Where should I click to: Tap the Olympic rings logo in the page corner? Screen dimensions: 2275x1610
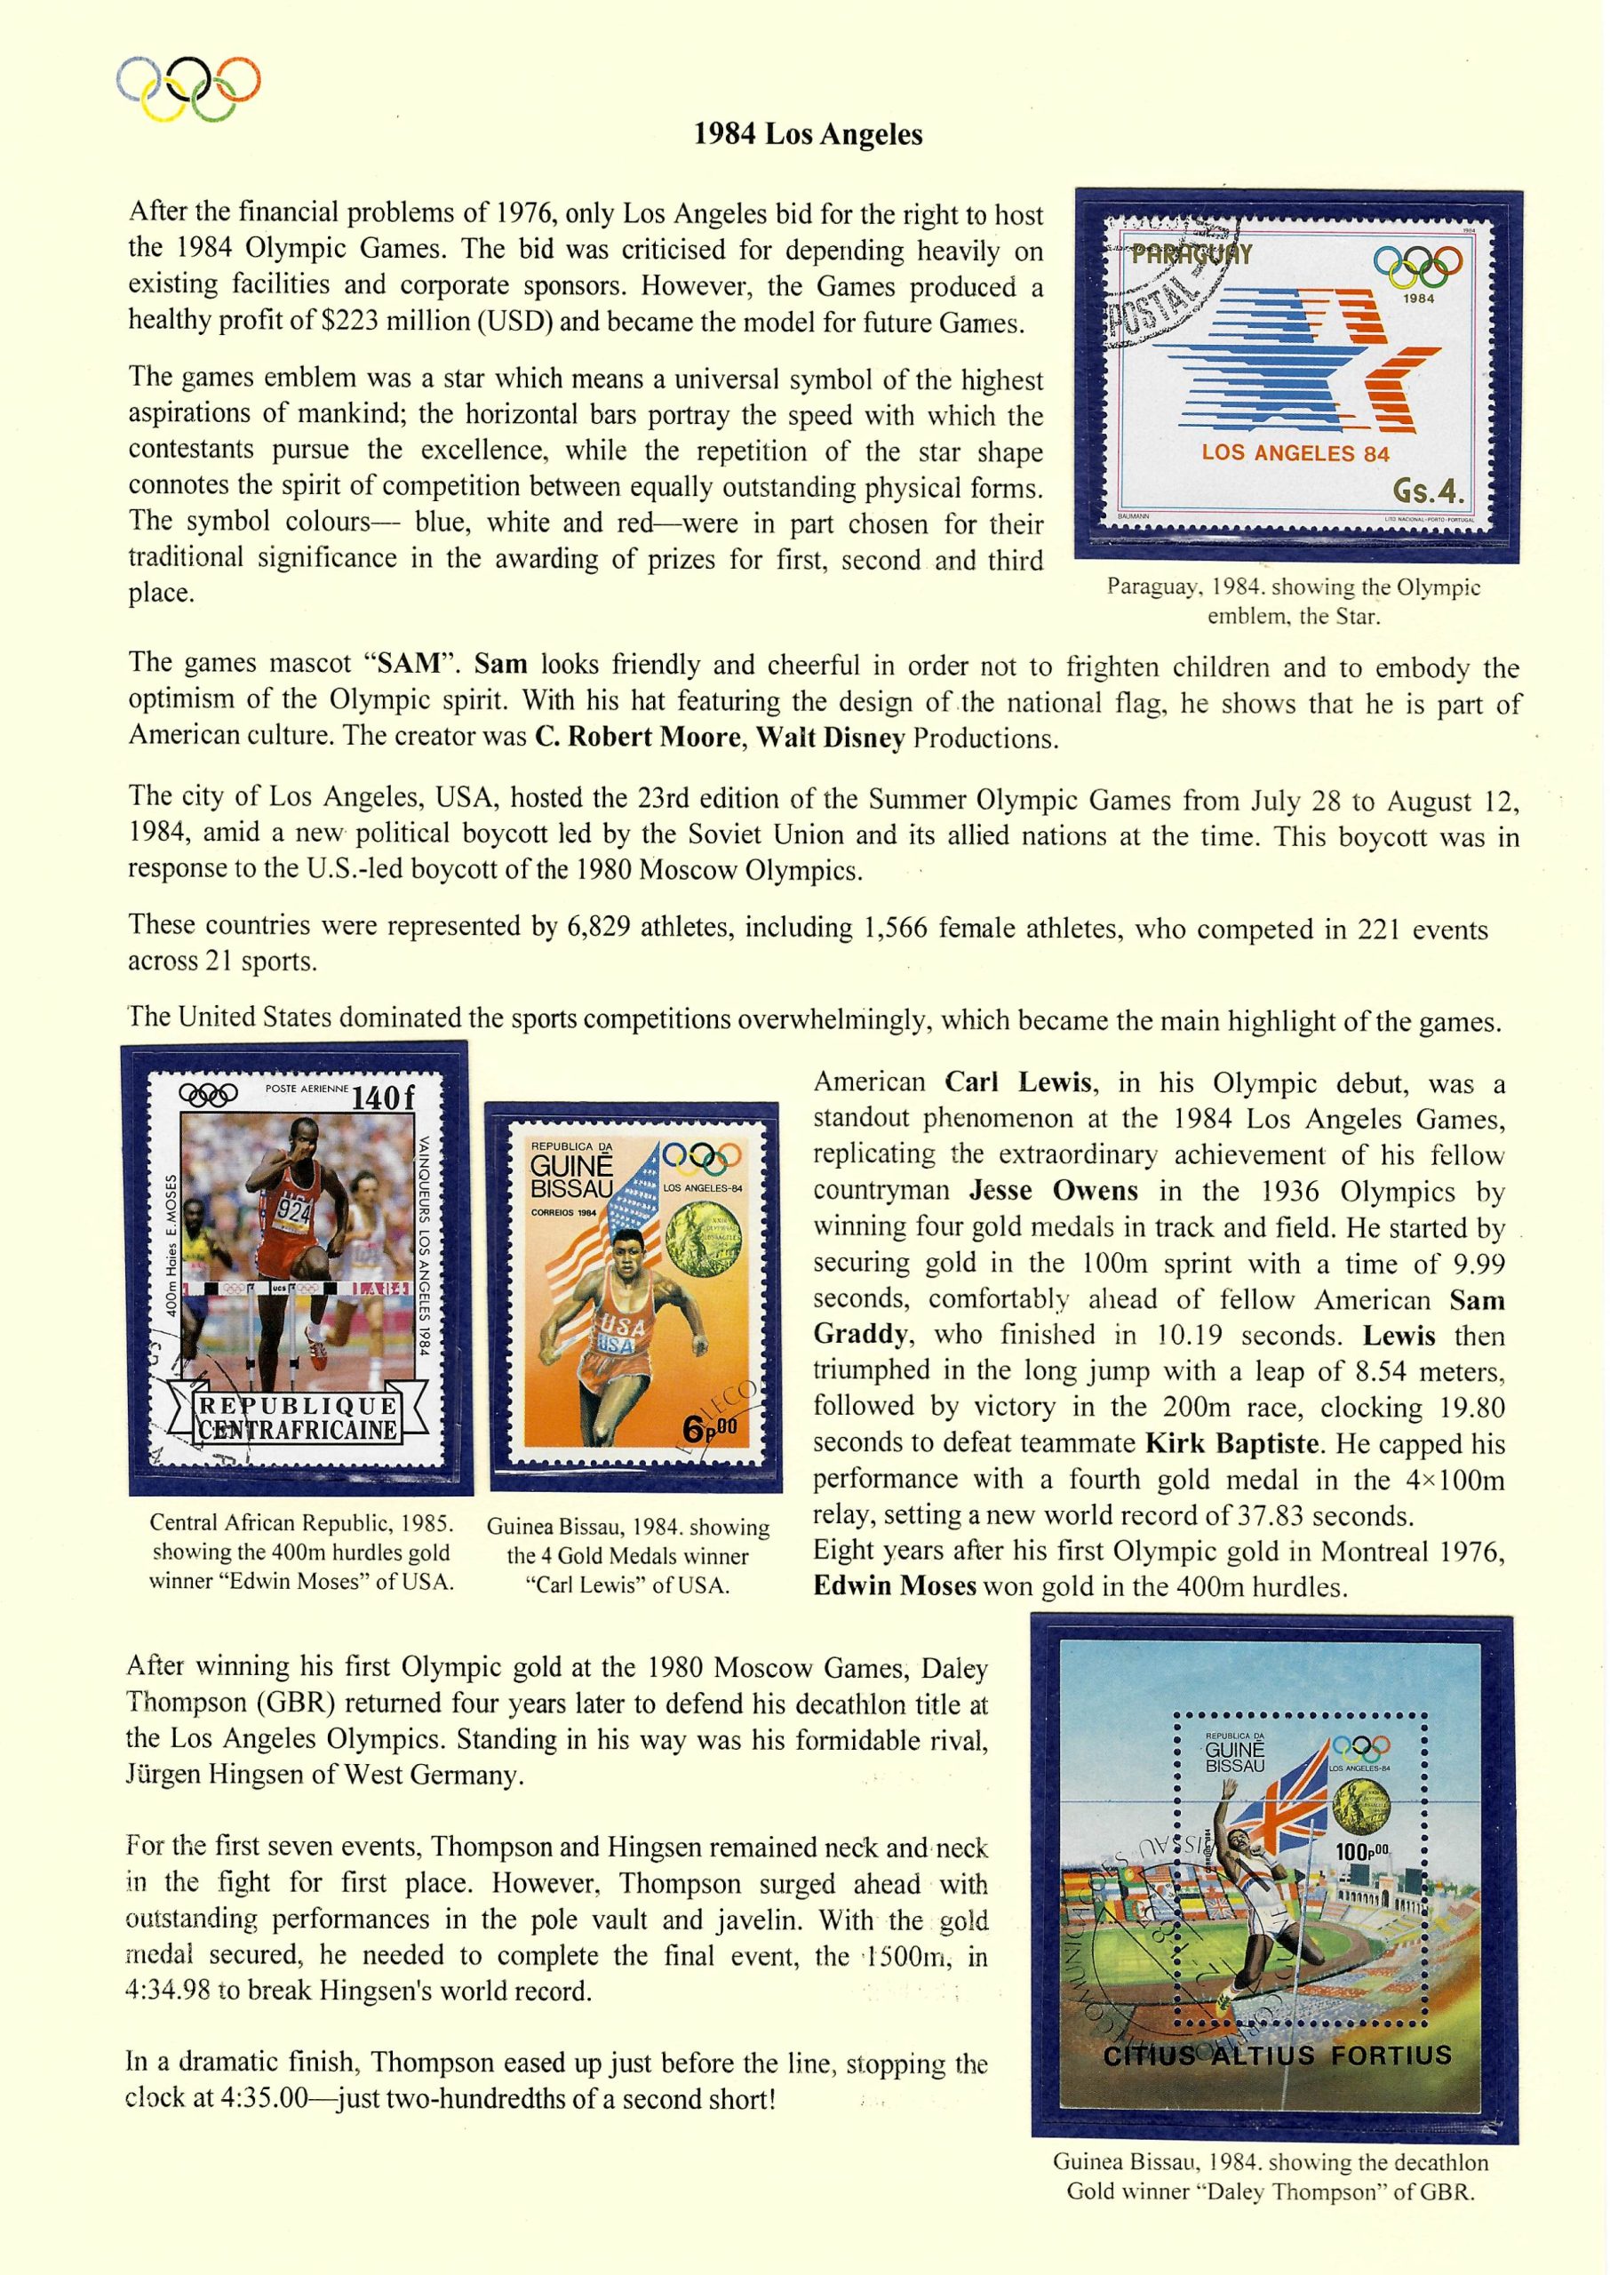pyautogui.click(x=188, y=88)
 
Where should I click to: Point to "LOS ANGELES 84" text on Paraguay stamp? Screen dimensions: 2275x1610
pyautogui.click(x=1295, y=454)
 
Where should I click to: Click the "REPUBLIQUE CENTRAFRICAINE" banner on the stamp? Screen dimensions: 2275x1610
pyautogui.click(x=298, y=1418)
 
